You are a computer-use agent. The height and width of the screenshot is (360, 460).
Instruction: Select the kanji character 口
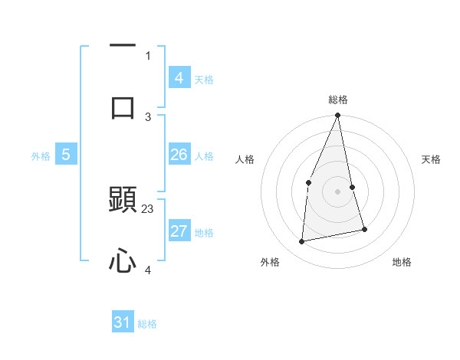123,106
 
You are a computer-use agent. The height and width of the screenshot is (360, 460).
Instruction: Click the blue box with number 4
179,78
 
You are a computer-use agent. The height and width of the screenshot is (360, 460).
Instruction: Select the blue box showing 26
179,155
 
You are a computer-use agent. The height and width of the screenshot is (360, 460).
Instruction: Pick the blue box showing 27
179,231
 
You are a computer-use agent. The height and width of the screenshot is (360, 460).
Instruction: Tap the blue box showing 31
123,322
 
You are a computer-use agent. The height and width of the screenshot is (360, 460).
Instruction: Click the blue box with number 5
66,155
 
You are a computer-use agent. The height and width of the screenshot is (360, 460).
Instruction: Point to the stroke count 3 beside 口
148,116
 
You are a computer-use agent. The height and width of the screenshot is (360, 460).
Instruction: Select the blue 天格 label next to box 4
203,79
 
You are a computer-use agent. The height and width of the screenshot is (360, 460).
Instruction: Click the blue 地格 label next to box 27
203,232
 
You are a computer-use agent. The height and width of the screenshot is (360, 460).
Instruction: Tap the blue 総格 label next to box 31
147,324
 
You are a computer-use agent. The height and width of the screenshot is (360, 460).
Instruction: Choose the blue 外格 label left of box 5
41,155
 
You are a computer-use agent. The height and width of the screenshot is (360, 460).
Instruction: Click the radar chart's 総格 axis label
338,100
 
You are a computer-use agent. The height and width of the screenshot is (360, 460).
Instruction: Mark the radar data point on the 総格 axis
338,116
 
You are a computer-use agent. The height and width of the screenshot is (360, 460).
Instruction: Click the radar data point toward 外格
302,241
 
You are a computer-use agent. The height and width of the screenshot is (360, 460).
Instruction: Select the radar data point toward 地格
364,229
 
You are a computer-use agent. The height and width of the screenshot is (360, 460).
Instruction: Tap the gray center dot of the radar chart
338,191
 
